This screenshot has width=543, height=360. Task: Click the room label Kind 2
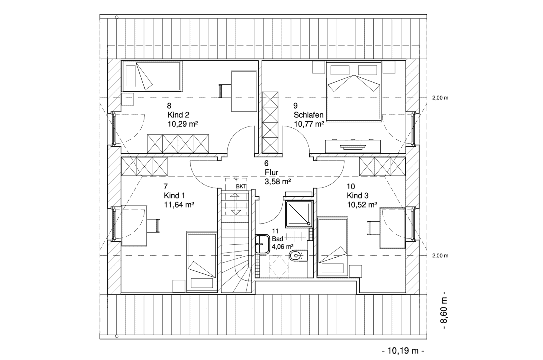(178, 115)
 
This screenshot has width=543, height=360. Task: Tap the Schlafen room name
(308, 115)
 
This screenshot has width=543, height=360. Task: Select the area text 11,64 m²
(179, 205)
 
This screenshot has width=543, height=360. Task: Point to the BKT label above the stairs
(241, 187)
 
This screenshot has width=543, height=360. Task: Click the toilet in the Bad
(298, 255)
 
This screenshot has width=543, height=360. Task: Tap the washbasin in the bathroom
(262, 244)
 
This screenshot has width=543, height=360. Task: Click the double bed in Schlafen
(354, 91)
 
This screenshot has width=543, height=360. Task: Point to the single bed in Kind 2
(152, 76)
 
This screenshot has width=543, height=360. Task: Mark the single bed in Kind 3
(332, 247)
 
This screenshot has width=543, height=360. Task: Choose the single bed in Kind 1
(202, 261)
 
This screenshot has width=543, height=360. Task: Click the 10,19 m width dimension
(403, 351)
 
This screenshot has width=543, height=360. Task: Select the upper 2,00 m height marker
(440, 98)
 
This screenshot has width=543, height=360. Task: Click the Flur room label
(271, 172)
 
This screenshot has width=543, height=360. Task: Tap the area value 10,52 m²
(362, 205)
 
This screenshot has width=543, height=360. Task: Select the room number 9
(295, 106)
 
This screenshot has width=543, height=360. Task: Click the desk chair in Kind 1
(153, 226)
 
